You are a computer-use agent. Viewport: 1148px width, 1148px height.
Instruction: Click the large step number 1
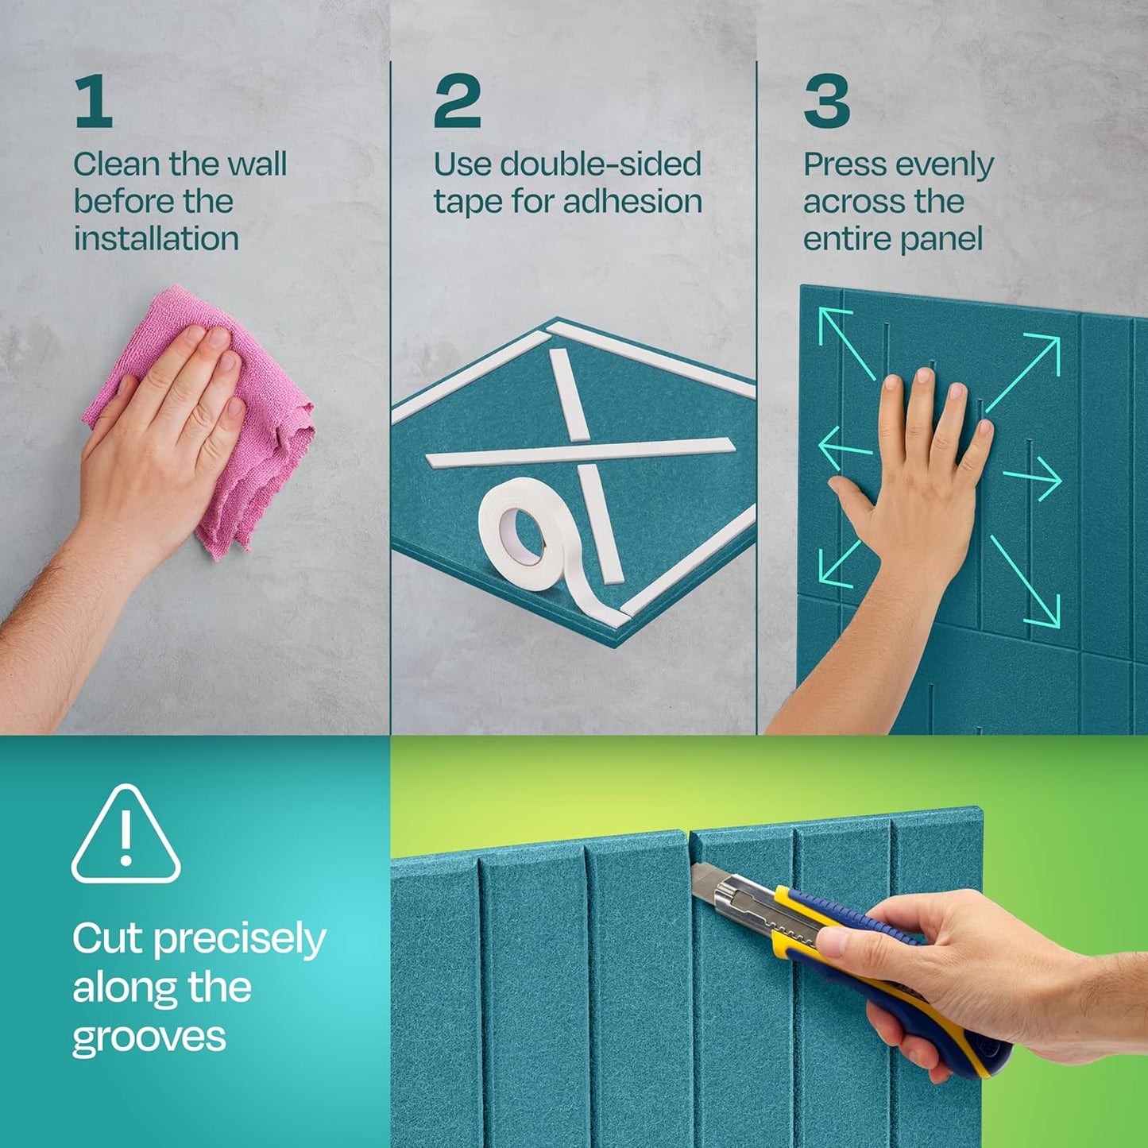point(94,101)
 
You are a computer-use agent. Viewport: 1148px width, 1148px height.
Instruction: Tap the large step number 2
point(457,101)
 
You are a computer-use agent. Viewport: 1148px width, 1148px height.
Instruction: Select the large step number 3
point(826,101)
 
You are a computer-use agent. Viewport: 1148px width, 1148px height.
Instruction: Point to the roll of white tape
point(524,532)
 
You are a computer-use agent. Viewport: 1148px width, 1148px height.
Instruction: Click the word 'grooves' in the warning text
point(149,1038)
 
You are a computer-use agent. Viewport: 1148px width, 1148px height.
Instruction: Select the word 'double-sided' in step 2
point(601,164)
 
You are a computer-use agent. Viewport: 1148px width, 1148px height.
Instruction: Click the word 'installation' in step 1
point(156,238)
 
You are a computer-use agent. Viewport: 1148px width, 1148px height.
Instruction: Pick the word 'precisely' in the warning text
point(239,940)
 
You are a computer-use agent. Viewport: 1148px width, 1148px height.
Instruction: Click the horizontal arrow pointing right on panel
point(1033,479)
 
